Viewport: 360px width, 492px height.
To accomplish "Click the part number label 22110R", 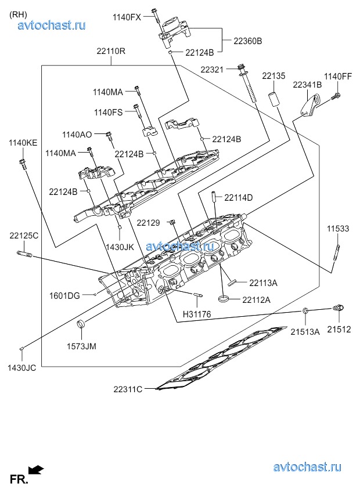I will click(111, 51).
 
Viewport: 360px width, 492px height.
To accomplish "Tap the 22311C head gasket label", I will click(128, 389).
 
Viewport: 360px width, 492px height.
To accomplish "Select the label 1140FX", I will click(127, 17).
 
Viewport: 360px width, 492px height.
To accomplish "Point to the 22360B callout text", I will click(249, 41).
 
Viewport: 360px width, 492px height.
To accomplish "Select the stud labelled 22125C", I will click(24, 254).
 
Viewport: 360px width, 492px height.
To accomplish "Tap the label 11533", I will click(337, 229).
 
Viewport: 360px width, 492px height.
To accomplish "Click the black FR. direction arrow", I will click(37, 470).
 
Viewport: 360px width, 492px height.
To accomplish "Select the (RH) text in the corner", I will click(18, 15).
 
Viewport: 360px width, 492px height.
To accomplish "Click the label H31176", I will click(197, 314).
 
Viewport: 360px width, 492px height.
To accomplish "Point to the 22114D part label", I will click(239, 198).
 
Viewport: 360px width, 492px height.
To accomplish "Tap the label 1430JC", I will click(21, 368).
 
